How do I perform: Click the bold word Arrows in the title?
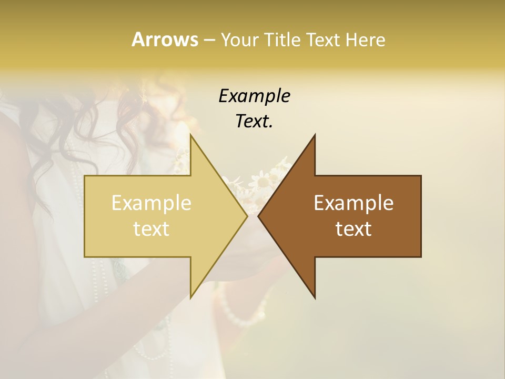tap(164, 39)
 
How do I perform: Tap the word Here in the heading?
tap(365, 39)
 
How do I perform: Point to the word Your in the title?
tap(238, 39)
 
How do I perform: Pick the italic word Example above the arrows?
tap(254, 96)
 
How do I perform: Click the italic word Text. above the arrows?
tap(254, 121)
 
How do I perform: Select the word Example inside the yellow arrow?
tap(151, 203)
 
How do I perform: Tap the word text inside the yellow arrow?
tap(151, 228)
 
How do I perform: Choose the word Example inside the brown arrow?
tap(353, 203)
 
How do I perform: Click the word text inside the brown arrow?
tap(353, 228)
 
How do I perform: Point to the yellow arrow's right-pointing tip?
tap(246, 216)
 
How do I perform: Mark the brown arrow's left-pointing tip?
tap(259, 216)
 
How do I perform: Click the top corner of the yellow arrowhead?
tap(190, 135)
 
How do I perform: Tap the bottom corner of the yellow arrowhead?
tap(190, 297)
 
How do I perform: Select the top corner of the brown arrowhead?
tap(315, 135)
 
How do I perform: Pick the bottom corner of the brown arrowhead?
tap(315, 297)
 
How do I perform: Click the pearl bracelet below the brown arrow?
tap(237, 311)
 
